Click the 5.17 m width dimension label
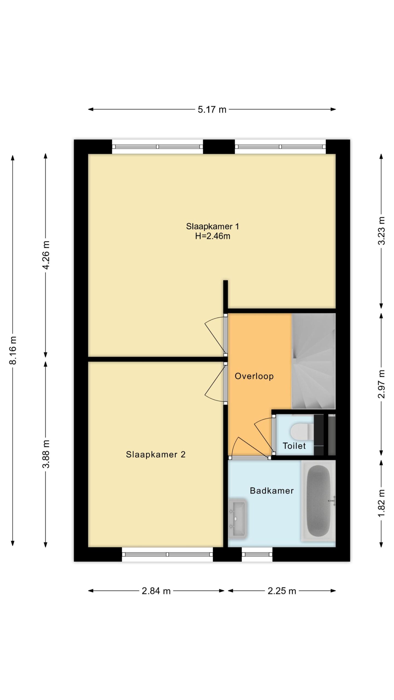click(212, 110)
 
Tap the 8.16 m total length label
click(13, 350)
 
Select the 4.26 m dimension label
click(46, 255)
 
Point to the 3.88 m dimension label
click(46, 454)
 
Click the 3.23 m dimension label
click(381, 231)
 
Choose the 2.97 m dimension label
click(381, 384)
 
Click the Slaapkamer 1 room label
click(213, 226)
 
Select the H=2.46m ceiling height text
click(213, 236)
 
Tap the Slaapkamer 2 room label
click(156, 454)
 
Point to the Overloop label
click(254, 376)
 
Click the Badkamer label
click(272, 491)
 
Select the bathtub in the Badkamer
click(318, 501)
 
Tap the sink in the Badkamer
click(237, 518)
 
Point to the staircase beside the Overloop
click(314, 361)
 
